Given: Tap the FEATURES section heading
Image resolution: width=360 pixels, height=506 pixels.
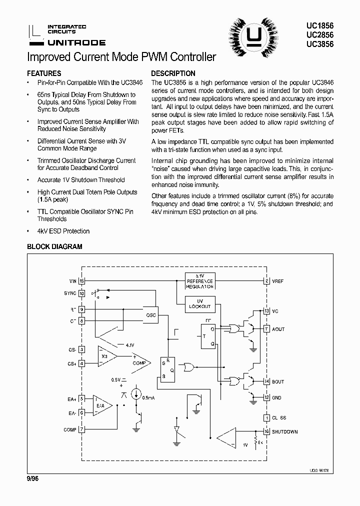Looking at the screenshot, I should [44, 73].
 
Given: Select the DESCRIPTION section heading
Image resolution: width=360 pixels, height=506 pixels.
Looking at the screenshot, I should [173, 73].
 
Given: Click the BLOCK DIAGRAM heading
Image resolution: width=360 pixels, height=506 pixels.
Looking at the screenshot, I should [54, 246].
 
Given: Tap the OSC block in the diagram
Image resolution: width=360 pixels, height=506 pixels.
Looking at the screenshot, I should [151, 315].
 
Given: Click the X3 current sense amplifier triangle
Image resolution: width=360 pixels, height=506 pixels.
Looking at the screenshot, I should [105, 355].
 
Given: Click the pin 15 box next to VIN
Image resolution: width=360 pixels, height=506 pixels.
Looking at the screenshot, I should [82, 281].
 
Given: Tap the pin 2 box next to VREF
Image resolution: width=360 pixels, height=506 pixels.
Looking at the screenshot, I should [267, 281].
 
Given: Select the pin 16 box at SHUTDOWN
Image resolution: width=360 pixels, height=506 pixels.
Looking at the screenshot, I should [267, 431].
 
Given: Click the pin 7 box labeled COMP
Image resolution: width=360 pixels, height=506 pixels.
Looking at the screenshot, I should [82, 429].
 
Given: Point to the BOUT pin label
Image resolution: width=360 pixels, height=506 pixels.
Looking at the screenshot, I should [278, 381].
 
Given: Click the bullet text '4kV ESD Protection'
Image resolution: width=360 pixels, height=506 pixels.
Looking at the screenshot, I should [63, 231].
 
